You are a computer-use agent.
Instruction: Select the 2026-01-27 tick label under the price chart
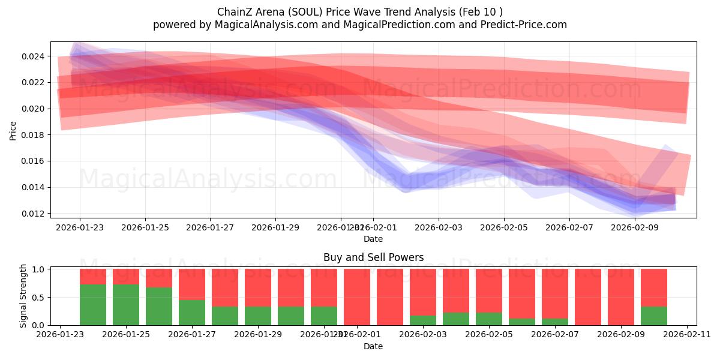[x=210, y=228]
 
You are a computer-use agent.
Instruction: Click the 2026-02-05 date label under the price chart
[x=504, y=228]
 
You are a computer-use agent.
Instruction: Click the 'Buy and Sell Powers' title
[x=373, y=258]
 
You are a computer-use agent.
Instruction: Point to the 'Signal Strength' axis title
[x=23, y=296]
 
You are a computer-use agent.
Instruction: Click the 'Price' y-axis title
[x=13, y=130]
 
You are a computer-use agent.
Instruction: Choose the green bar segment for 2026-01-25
[x=126, y=305]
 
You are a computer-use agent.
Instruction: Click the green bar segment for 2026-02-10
[x=654, y=316]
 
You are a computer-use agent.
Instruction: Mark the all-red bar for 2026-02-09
[x=621, y=297]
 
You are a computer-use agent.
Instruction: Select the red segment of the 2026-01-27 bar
[x=192, y=284]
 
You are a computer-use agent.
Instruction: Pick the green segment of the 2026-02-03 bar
[x=423, y=320]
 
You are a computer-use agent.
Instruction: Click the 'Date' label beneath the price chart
[x=373, y=239]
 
